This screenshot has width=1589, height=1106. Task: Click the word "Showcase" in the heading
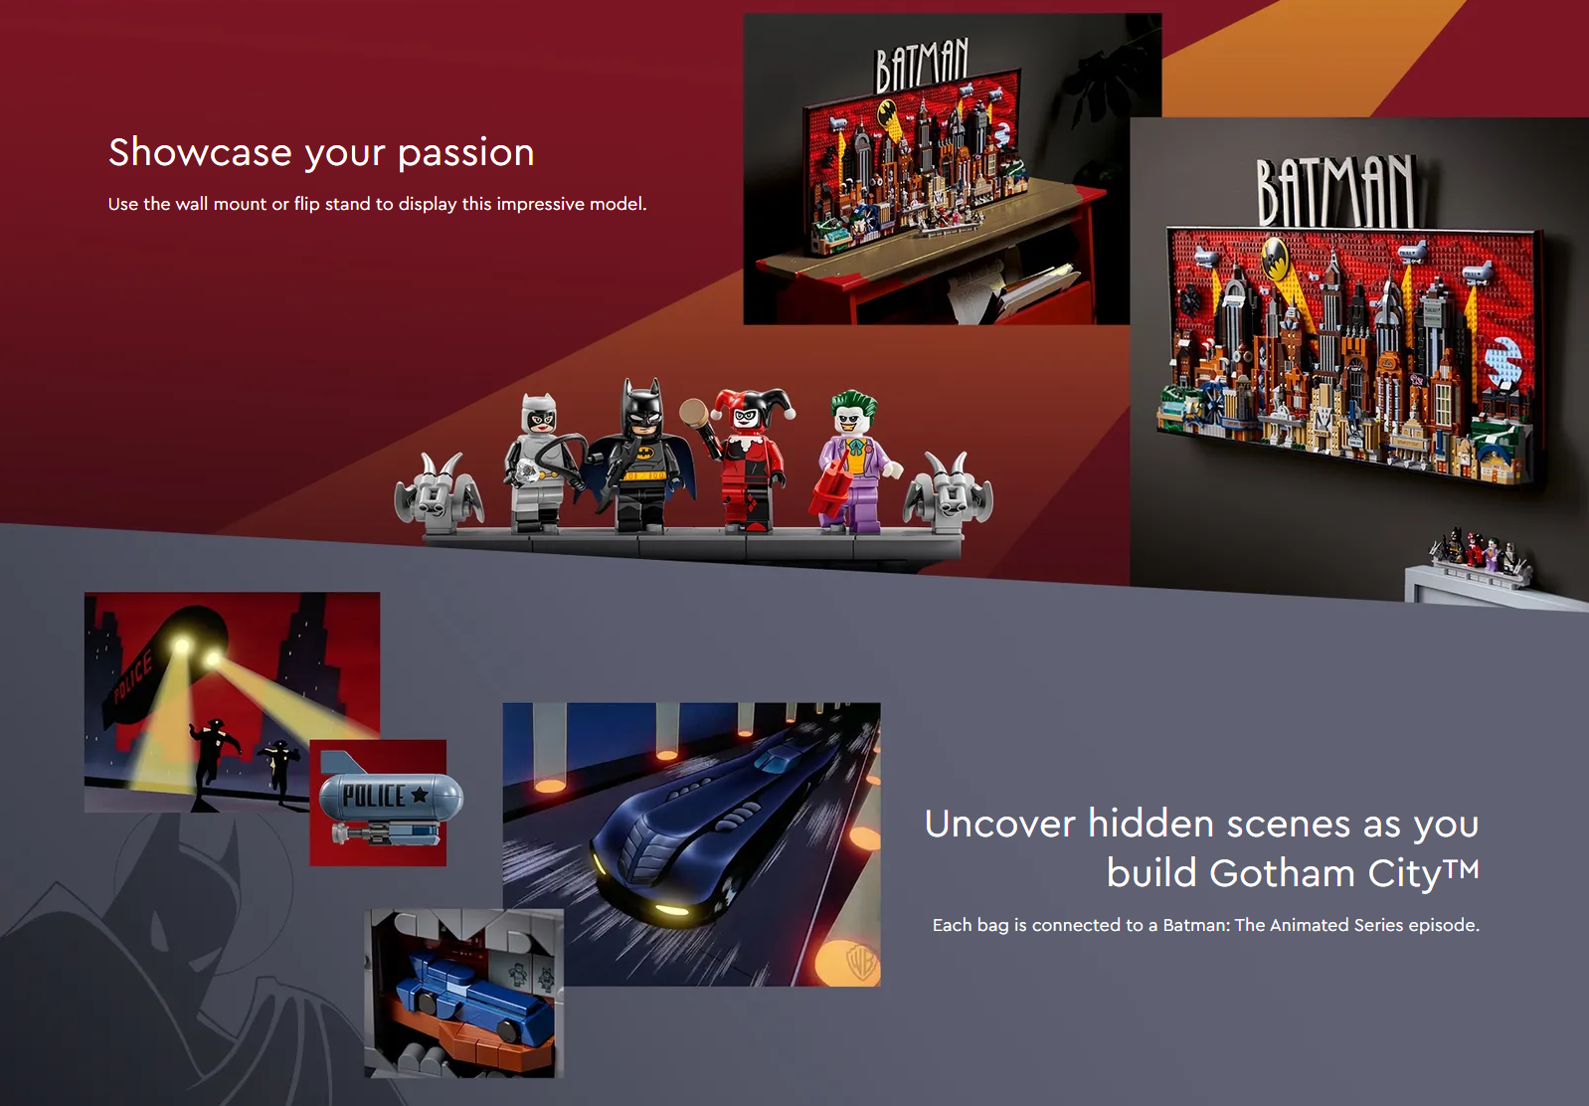tap(200, 152)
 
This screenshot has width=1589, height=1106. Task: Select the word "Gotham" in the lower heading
tap(1282, 872)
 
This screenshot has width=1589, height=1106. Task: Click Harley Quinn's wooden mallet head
tap(694, 412)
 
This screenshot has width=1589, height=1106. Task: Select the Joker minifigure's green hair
tap(853, 402)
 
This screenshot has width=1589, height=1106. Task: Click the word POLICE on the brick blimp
tap(374, 796)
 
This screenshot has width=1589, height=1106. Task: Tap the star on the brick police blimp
tap(420, 794)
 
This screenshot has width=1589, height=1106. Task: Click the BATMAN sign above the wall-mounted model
tap(1335, 190)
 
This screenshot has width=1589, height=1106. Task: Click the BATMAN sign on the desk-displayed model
tap(922, 66)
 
